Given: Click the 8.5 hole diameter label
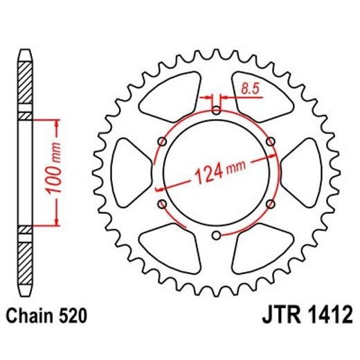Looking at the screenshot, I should pos(249,88).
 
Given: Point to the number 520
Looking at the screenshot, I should pos(73,318).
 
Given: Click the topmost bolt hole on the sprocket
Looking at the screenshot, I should pos(217,111).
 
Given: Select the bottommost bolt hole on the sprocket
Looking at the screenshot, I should pos(217,235).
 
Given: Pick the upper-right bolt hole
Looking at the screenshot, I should pos(271,142).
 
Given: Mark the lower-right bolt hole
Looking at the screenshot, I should pos(271,204).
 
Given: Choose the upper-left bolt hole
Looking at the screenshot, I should pos(163,142).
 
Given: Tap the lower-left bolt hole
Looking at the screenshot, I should pos(163,204).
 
